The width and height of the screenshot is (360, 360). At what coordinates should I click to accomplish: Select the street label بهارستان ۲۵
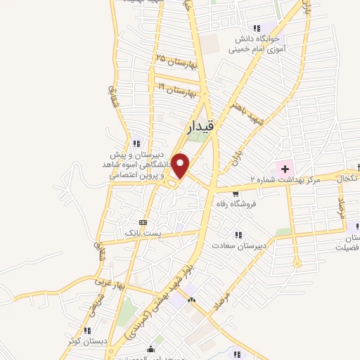[x=175, y=62]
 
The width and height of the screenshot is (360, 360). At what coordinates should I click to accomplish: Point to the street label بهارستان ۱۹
[x=175, y=89]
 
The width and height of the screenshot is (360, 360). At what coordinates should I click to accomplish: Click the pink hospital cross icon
[x=284, y=167]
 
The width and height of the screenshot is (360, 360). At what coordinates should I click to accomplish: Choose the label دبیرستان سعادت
[x=260, y=245]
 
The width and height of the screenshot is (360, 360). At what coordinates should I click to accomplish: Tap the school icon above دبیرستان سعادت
[x=238, y=235]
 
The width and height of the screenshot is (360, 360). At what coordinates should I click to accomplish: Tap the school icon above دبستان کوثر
[x=87, y=330]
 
